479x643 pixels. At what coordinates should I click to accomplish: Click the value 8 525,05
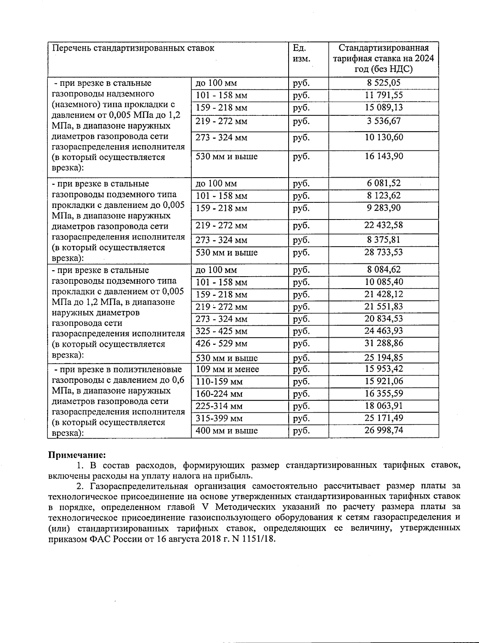(x=384, y=83)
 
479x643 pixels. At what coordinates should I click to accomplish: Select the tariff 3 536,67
(x=384, y=121)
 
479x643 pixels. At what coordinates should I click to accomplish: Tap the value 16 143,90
(x=384, y=156)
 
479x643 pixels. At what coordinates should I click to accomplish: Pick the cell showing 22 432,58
(x=384, y=225)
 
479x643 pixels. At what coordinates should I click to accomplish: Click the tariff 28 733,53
(x=384, y=252)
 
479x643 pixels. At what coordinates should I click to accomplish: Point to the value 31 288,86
(x=384, y=343)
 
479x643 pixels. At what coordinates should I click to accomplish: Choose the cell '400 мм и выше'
(x=227, y=431)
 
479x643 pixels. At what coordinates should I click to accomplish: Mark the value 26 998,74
(x=384, y=430)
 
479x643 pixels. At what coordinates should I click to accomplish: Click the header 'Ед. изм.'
(x=301, y=53)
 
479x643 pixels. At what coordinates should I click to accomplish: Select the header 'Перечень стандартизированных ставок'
(x=133, y=48)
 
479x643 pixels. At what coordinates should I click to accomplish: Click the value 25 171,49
(x=384, y=418)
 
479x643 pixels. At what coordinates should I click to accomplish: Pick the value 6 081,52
(x=384, y=183)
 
